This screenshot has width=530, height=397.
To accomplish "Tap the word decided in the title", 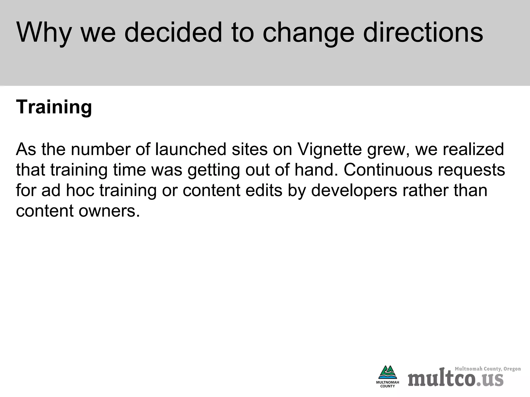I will click(173, 33).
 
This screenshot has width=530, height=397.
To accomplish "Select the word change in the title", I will click(308, 33).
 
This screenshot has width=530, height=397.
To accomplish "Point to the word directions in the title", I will click(423, 33).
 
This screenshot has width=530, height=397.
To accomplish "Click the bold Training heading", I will click(54, 107).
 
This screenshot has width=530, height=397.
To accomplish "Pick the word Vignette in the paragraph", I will click(329, 149).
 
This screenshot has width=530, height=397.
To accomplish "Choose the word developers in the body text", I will click(354, 190).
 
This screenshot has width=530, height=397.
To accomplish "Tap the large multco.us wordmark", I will click(455, 379).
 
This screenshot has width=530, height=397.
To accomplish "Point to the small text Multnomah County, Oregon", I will click(488, 369).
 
